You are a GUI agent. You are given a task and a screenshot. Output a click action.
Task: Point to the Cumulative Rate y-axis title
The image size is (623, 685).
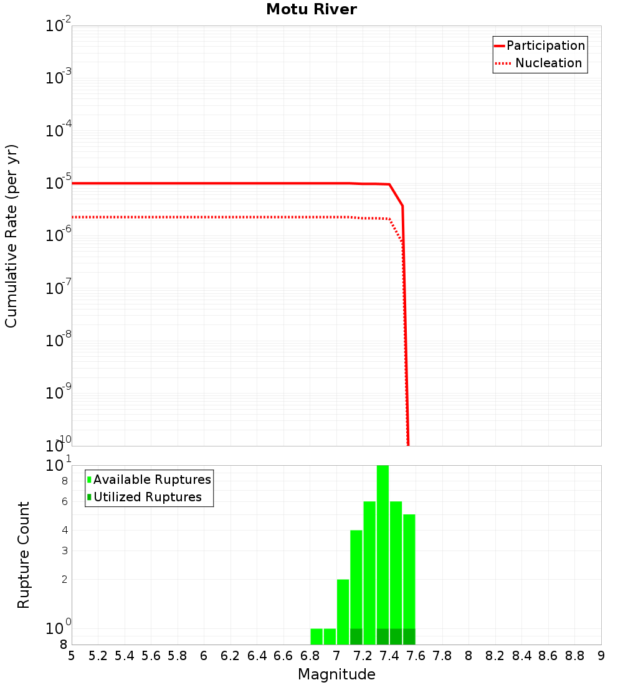pos(11,236)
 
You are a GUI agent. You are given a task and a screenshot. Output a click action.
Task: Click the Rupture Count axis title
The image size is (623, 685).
pos(24,555)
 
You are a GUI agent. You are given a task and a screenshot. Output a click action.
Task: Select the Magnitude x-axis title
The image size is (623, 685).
pos(336,674)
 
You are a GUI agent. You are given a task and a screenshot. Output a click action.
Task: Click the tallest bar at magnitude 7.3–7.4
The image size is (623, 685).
pos(383,548)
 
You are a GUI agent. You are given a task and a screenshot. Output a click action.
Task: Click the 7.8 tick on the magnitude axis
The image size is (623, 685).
pos(442,656)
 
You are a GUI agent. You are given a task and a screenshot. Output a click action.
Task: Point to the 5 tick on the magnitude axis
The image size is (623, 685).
pos(72,656)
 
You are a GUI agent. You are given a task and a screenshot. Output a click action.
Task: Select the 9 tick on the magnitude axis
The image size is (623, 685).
pos(601,656)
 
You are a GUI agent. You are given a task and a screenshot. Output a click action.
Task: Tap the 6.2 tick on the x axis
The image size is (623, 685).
pos(231,656)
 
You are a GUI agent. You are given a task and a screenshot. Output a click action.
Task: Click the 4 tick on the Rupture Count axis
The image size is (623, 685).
pos(64,531)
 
